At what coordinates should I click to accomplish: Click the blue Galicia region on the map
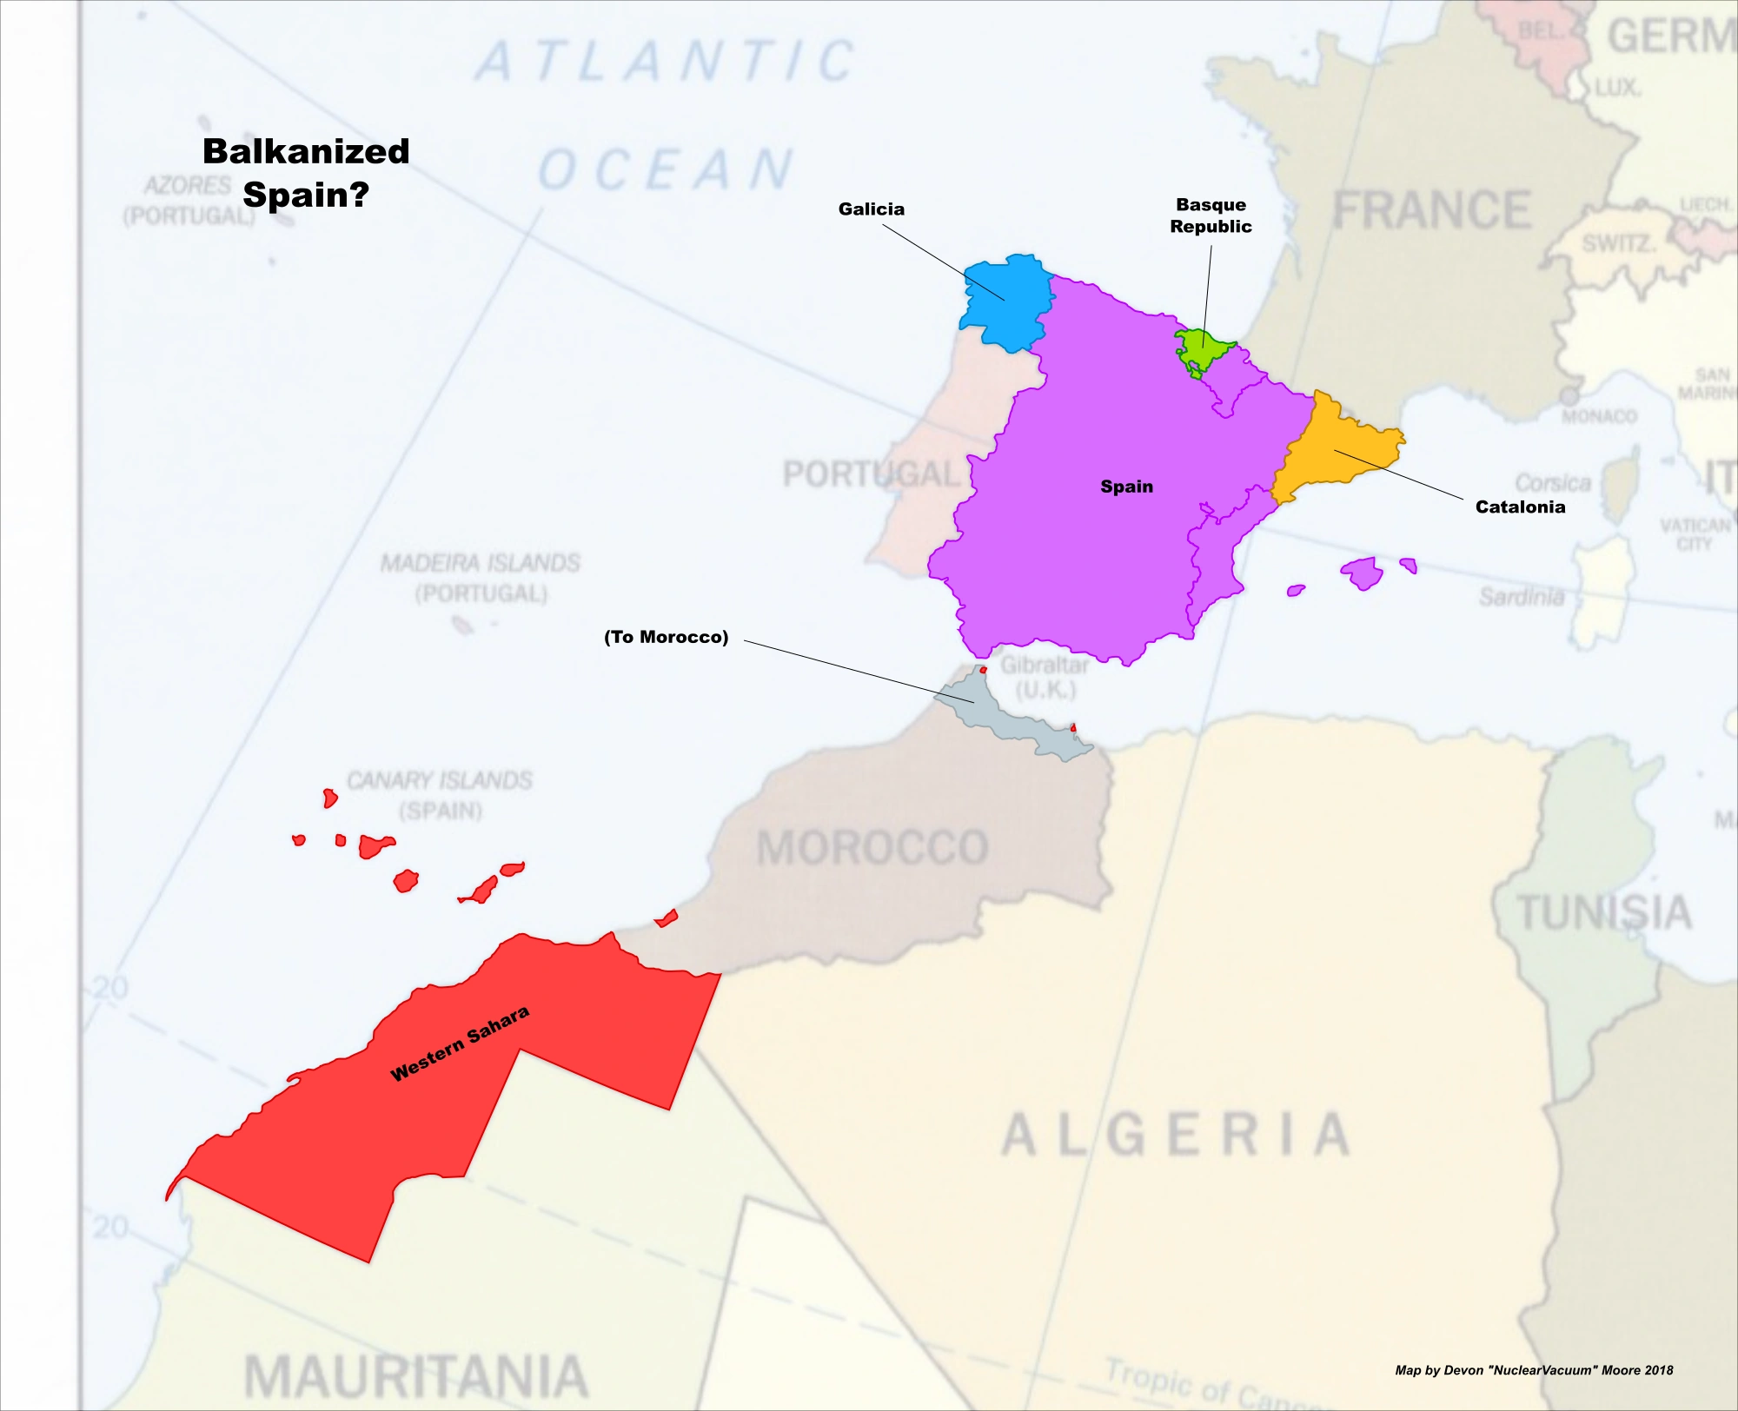click(1004, 304)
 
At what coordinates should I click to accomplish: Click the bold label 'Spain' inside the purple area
click(1126, 487)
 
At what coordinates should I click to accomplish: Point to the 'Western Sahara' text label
click(460, 1043)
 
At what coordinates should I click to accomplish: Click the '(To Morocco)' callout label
click(666, 637)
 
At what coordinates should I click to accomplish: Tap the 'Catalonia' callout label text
click(1520, 507)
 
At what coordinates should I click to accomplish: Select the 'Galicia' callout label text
click(871, 209)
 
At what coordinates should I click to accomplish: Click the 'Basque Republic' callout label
click(1211, 215)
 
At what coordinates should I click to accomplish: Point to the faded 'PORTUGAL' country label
click(869, 474)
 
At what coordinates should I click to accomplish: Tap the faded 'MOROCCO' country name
click(872, 847)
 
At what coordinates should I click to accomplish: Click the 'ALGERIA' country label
click(1175, 1135)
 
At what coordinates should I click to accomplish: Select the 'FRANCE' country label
click(1431, 211)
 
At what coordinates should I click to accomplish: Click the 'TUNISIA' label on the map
click(1604, 912)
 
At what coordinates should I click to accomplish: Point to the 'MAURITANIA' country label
click(415, 1376)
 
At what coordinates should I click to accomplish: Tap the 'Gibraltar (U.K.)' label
click(1045, 677)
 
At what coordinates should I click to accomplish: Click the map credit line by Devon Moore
click(1533, 1370)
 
